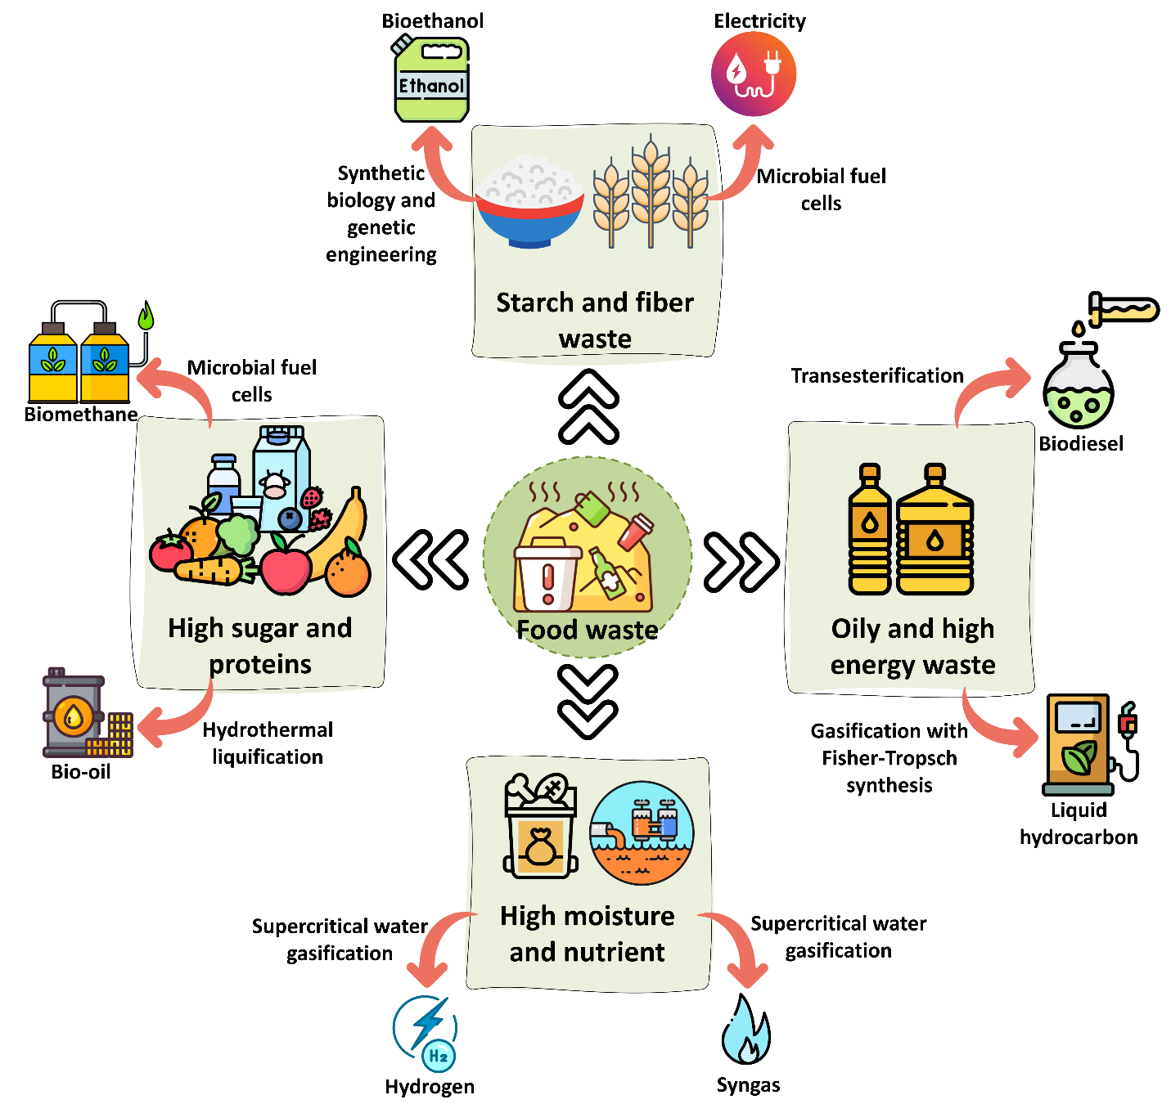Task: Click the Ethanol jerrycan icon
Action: coord(431,80)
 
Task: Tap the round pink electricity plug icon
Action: coord(754,74)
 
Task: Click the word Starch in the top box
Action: coord(535,303)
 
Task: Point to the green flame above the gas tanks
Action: coord(146,316)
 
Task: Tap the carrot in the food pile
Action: coord(209,571)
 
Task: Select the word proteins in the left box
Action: coord(260,664)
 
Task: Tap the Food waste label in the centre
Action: coord(588,630)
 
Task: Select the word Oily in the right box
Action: coord(855,629)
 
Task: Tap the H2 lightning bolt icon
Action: coord(427,1032)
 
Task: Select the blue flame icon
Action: coord(745,1032)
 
